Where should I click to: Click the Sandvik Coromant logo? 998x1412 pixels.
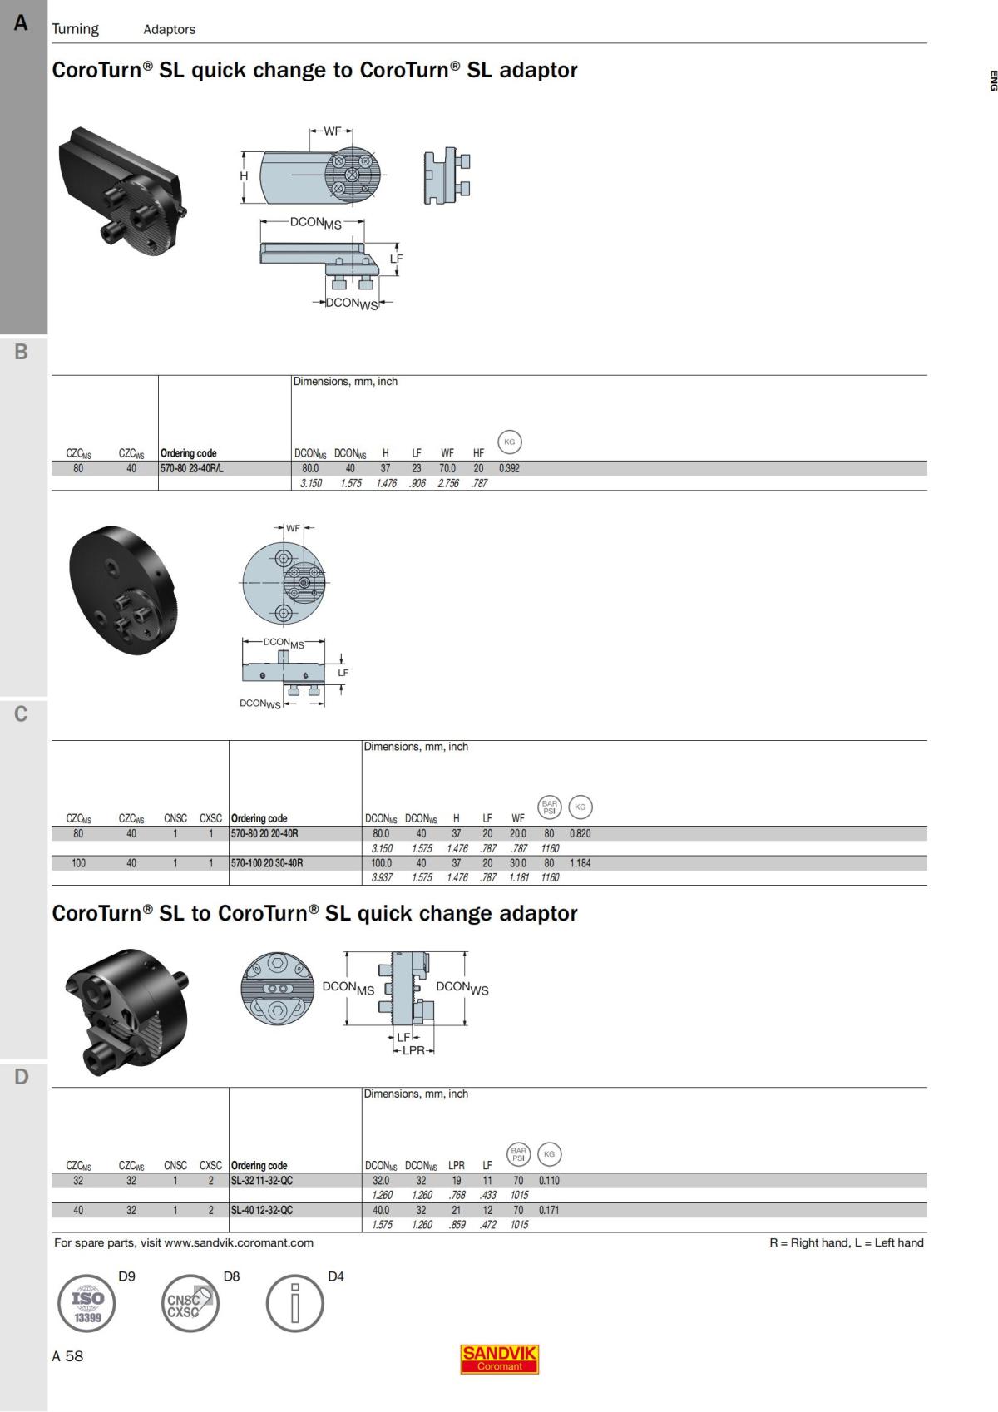pyautogui.click(x=499, y=1359)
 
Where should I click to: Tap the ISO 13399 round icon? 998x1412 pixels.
pyautogui.click(x=86, y=1303)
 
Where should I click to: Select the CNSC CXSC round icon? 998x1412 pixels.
pyautogui.click(x=190, y=1303)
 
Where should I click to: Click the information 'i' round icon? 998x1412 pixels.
pyautogui.click(x=294, y=1303)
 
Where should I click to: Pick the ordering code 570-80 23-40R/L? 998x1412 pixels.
pyautogui.click(x=192, y=468)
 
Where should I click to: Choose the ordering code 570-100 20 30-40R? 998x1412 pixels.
pyautogui.click(x=267, y=863)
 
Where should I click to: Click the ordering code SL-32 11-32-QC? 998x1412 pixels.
pyautogui.click(x=262, y=1181)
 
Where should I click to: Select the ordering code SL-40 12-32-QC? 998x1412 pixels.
pyautogui.click(x=262, y=1211)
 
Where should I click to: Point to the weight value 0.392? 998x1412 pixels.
pyautogui.click(x=509, y=468)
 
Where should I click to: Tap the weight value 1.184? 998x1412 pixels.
pyautogui.click(x=580, y=863)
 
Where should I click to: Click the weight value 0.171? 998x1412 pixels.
pyautogui.click(x=549, y=1211)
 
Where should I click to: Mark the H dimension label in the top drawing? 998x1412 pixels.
pyautogui.click(x=244, y=176)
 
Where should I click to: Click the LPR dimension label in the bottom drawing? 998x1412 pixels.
pyautogui.click(x=413, y=1050)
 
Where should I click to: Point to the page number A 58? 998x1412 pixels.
pyautogui.click(x=67, y=1356)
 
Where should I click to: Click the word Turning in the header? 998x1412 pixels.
pyautogui.click(x=75, y=29)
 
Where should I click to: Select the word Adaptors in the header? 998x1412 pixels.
pyautogui.click(x=169, y=29)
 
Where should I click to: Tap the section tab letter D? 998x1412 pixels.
pyautogui.click(x=22, y=1077)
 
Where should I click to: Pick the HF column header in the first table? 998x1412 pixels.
pyautogui.click(x=478, y=453)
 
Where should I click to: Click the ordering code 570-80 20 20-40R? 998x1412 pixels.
pyautogui.click(x=264, y=833)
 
